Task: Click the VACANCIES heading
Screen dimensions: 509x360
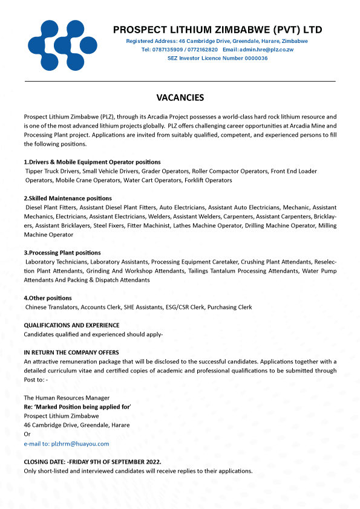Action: pyautogui.click(x=180, y=97)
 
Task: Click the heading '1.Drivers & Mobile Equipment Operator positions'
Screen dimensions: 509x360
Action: pyautogui.click(x=92, y=162)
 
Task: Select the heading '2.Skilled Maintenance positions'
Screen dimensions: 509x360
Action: pyautogui.click(x=68, y=198)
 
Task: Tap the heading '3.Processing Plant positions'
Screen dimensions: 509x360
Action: pyautogui.click(x=62, y=253)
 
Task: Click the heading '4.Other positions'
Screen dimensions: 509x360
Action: pyautogui.click(x=48, y=298)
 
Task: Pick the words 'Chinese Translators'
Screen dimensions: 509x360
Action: pyautogui.click(x=51, y=307)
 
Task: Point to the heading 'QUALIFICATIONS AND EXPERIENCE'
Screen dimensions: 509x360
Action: pyautogui.click(x=71, y=325)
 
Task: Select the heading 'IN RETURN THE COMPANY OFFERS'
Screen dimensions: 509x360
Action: pyautogui.click(x=71, y=352)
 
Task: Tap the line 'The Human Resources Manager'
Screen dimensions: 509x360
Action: pyautogui.click(x=67, y=398)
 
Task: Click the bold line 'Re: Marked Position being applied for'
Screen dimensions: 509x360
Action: pyautogui.click(x=77, y=407)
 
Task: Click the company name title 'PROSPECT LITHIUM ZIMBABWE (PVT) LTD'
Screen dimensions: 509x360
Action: pyautogui.click(x=217, y=30)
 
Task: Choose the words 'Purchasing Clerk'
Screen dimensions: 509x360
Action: pyautogui.click(x=229, y=307)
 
